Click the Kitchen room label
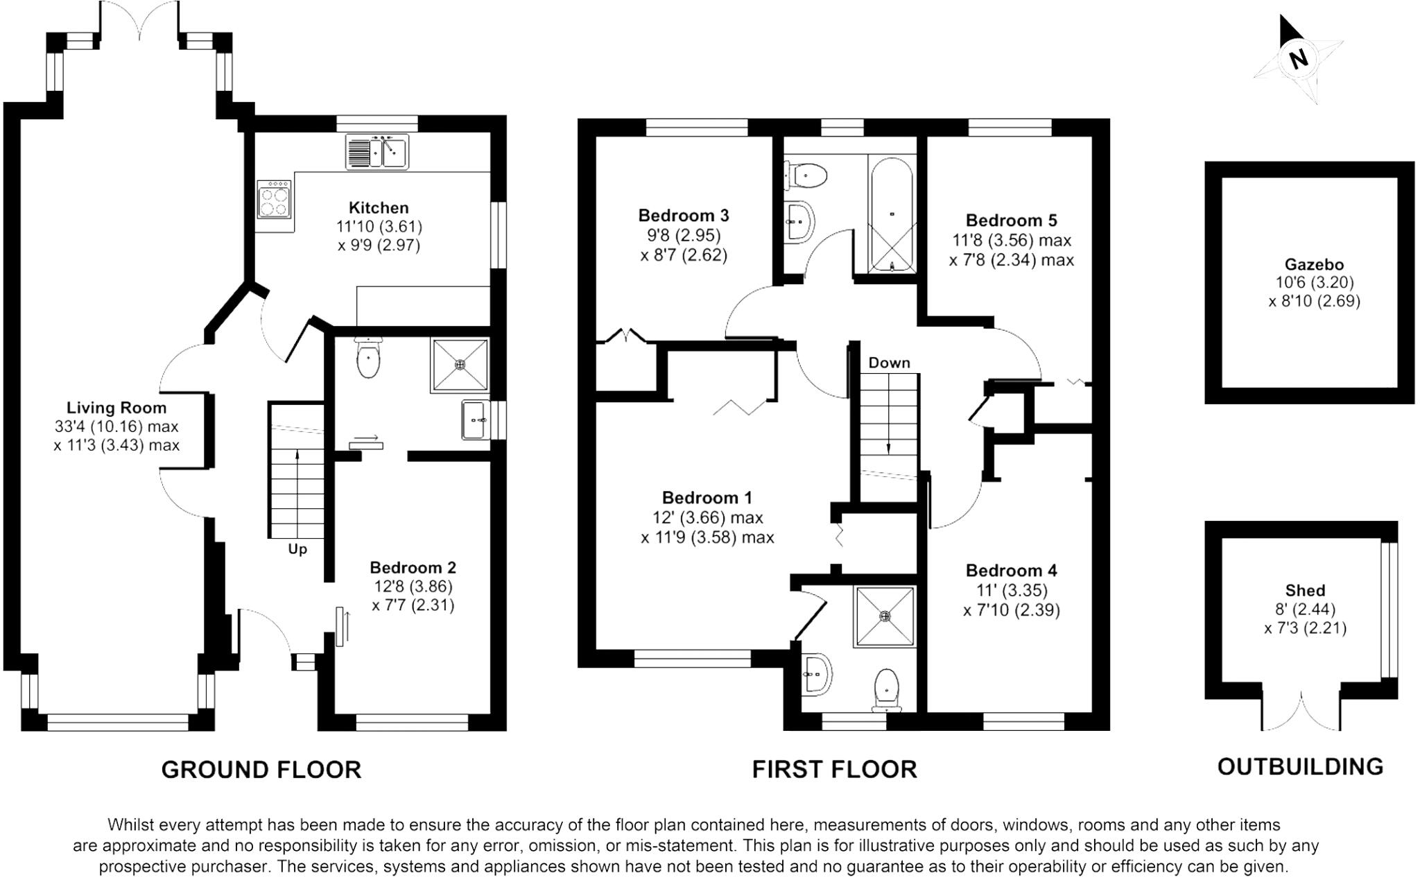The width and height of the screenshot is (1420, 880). click(379, 207)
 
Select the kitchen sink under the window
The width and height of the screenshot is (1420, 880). click(378, 152)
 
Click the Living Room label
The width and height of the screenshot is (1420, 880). click(116, 408)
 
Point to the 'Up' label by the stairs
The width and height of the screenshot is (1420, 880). click(297, 549)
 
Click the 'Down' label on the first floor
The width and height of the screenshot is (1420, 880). click(889, 363)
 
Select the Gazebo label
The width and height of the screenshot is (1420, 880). click(1314, 264)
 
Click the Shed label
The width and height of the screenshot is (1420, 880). click(1305, 590)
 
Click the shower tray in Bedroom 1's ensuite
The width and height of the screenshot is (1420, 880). click(885, 616)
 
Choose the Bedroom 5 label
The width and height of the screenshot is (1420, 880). click(1011, 221)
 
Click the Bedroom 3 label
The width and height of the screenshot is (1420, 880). click(684, 216)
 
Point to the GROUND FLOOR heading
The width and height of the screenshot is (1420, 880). click(261, 770)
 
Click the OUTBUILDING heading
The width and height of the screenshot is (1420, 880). click(1300, 766)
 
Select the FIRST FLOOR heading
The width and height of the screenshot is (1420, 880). click(834, 769)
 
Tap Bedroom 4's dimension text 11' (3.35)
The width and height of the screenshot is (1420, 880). click(1011, 590)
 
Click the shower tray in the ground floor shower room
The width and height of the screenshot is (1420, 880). click(459, 365)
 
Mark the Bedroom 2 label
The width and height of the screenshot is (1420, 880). click(413, 567)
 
